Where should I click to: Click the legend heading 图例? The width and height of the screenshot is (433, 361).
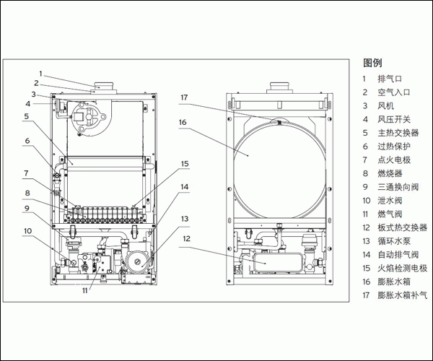point(372,62)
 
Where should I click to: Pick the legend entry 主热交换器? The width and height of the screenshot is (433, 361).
point(398,133)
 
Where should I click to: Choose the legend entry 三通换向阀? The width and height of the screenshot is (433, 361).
point(398,187)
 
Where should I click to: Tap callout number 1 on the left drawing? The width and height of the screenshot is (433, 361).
point(41,73)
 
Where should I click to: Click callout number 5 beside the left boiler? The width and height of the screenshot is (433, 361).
point(25,116)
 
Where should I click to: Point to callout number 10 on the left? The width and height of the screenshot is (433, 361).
point(27,231)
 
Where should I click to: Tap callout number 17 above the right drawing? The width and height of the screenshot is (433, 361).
point(184,97)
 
